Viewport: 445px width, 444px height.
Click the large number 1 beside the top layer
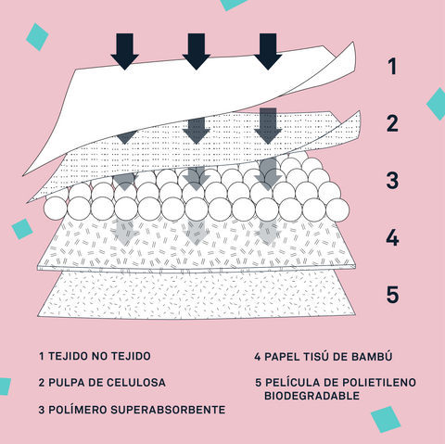[392, 66]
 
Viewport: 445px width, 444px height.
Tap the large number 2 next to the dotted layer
[392, 123]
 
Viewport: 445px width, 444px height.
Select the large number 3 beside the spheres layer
[392, 181]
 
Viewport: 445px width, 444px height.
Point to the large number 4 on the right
[392, 237]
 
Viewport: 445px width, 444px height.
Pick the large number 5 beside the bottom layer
[392, 295]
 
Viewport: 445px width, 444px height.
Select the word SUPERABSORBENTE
[168, 410]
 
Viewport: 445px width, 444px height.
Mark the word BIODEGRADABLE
[311, 396]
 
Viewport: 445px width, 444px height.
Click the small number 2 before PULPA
[42, 383]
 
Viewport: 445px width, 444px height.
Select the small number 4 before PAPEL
[258, 357]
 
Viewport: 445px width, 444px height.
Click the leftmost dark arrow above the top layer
[124, 52]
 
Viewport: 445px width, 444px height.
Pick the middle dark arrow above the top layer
[197, 52]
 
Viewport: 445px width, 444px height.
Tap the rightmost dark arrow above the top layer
[268, 52]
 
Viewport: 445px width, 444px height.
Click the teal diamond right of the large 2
[438, 104]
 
